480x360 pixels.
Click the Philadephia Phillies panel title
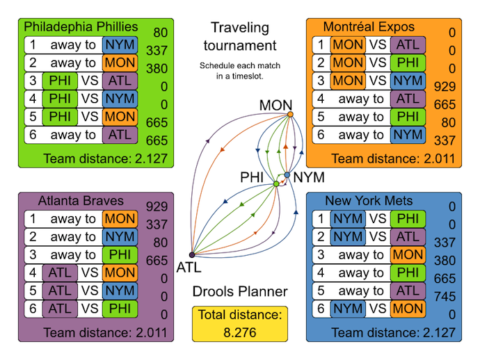click(x=81, y=26)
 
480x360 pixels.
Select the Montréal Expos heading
click(x=369, y=26)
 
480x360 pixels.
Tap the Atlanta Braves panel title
click(x=72, y=201)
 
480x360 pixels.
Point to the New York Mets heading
click(x=369, y=201)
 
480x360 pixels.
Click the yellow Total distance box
click(x=240, y=323)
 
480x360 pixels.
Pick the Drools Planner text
click(x=240, y=291)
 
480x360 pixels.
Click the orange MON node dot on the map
click(x=290, y=115)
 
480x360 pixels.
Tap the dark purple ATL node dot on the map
click(x=192, y=255)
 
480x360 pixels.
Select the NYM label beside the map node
click(x=309, y=177)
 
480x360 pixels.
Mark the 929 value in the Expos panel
click(x=451, y=86)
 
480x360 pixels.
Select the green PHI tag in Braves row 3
click(x=120, y=255)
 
